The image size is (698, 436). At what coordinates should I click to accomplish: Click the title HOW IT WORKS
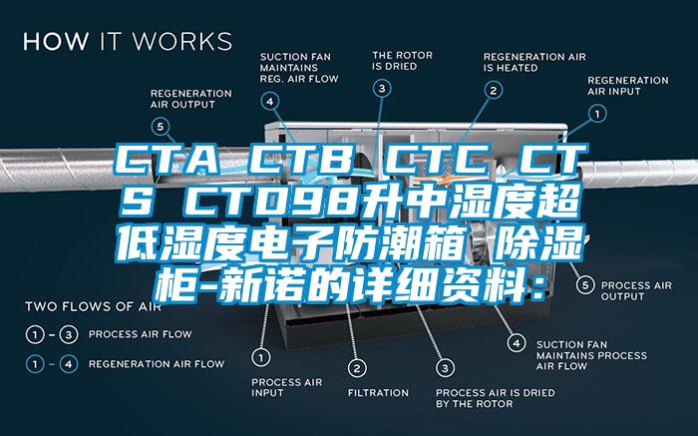point(128,42)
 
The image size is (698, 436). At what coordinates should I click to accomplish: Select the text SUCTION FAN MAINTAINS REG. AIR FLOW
point(299,67)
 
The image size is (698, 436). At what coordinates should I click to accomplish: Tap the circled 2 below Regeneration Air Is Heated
point(492,89)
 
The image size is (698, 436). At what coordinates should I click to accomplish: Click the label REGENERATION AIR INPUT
point(628,85)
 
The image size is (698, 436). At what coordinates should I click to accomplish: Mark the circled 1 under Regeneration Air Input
point(596,113)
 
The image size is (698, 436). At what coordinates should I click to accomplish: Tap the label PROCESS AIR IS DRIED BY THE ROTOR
point(474,398)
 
